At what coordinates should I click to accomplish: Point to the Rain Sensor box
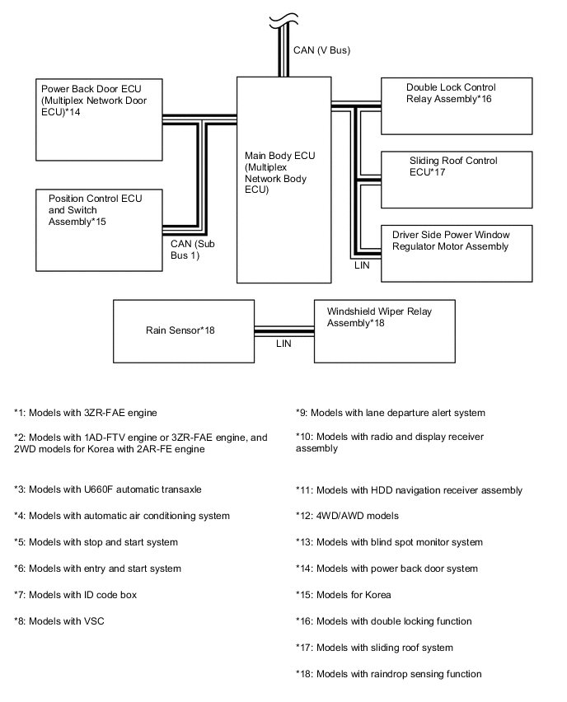[x=183, y=331]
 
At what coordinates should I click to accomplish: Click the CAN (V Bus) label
[x=322, y=51]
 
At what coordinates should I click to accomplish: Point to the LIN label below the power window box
[x=363, y=266]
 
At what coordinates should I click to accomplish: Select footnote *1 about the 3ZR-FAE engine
[x=86, y=412]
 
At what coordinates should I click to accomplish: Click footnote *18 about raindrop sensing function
[x=388, y=674]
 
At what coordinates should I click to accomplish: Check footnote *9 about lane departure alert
[x=391, y=412]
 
